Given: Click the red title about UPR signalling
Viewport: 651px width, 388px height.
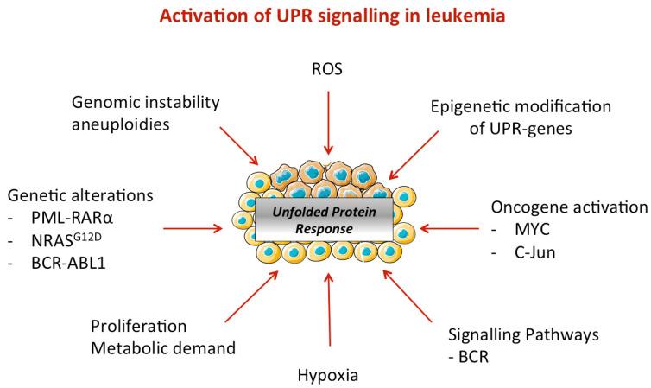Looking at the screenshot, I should click(326, 17).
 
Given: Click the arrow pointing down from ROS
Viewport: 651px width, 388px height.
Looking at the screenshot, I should click(327, 121).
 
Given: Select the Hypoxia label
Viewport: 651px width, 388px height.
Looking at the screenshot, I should click(327, 376).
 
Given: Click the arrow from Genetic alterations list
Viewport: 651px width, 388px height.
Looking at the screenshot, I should click(192, 229).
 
